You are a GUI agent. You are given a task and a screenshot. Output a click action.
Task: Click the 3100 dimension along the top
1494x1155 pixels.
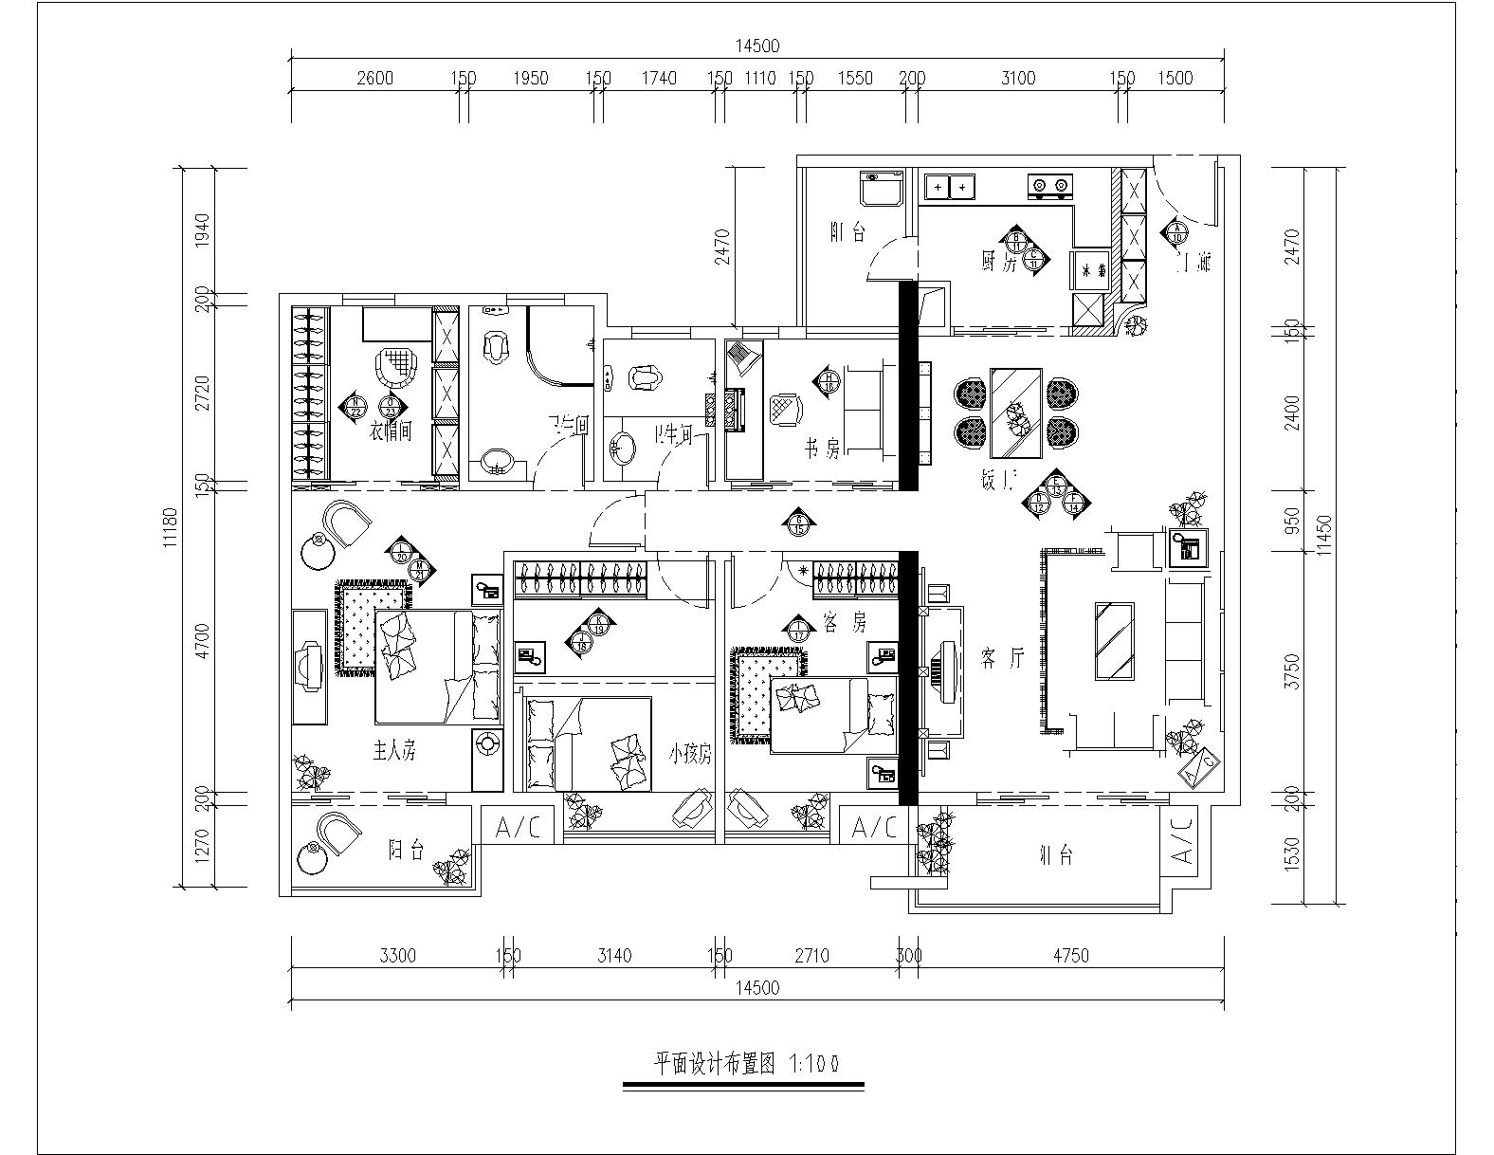1018,78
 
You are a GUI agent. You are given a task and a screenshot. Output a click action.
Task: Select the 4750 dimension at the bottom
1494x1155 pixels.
1070,956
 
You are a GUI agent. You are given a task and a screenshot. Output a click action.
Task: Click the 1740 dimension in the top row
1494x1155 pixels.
658,78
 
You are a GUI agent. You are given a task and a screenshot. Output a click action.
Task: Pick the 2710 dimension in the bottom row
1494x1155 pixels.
809,956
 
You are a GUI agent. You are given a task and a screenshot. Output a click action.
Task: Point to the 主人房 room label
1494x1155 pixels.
392,752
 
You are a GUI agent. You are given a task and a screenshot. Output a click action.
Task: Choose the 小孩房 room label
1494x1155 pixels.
690,755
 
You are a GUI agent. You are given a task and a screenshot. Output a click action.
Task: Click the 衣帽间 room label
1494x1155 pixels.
390,432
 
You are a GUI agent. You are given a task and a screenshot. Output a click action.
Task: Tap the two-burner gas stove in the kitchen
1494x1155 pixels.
1050,186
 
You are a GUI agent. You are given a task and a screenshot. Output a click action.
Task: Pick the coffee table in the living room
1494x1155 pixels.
1116,641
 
